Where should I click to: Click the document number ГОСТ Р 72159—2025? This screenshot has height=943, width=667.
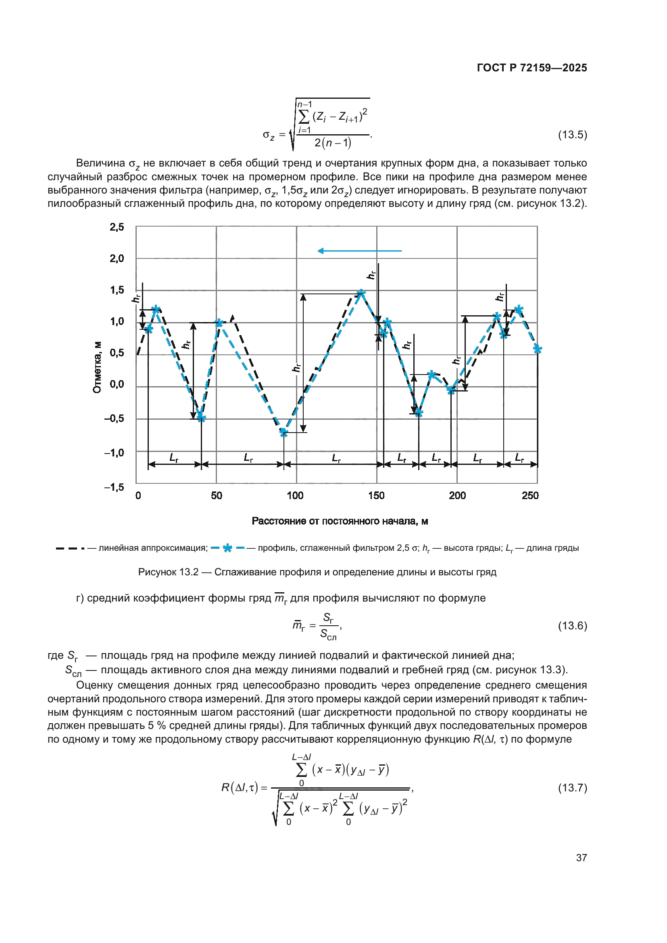click(x=532, y=68)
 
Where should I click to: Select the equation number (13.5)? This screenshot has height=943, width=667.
click(x=572, y=135)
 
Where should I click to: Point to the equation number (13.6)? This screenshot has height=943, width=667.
click(x=572, y=626)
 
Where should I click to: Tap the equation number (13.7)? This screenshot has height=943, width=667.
click(x=572, y=787)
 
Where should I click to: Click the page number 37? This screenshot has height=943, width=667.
click(x=581, y=858)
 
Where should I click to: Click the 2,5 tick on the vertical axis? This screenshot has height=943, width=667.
click(x=117, y=227)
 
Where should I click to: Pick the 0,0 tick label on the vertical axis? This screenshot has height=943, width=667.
click(x=117, y=385)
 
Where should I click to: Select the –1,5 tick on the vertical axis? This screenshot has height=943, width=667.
click(x=114, y=487)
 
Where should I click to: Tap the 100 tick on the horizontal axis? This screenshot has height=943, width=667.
click(x=295, y=496)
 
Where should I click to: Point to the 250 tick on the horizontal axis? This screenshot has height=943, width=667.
click(x=530, y=496)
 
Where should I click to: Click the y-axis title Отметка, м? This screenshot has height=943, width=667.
click(x=97, y=367)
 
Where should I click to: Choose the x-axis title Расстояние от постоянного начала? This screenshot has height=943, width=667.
click(x=340, y=521)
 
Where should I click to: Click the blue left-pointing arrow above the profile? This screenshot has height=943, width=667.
click(x=359, y=250)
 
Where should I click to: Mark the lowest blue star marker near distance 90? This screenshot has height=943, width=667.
click(x=283, y=432)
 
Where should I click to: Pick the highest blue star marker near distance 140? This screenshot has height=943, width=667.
click(x=361, y=293)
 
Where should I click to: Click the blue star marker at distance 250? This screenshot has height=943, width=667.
click(x=537, y=349)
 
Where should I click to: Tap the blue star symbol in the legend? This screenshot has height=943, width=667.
click(x=227, y=548)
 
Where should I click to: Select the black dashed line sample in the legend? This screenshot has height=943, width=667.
click(x=70, y=548)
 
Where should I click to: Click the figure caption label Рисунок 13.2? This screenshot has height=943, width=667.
click(x=169, y=572)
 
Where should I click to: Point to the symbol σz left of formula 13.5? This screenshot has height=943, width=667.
click(x=268, y=135)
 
